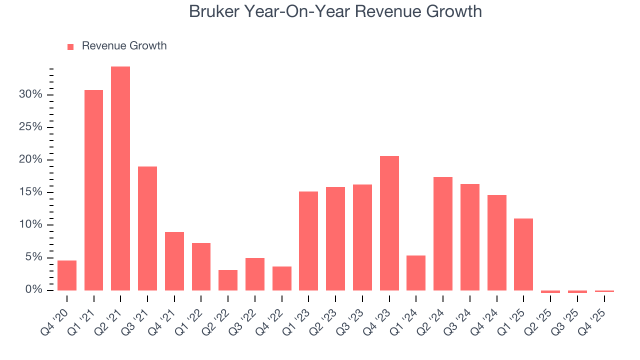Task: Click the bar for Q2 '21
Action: [x=120, y=178]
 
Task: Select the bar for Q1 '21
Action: [x=93, y=190]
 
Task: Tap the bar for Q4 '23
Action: [x=389, y=223]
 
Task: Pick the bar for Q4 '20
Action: [x=67, y=275]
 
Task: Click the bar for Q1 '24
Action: [x=416, y=273]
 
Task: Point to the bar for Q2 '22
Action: [x=228, y=280]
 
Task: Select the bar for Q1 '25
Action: [x=523, y=254]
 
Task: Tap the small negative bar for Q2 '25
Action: [x=550, y=291]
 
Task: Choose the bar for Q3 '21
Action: [x=147, y=228]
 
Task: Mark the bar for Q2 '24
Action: [x=443, y=233]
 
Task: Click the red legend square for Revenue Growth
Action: [x=70, y=46]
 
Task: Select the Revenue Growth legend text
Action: [x=124, y=46]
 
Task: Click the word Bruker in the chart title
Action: [x=215, y=11]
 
